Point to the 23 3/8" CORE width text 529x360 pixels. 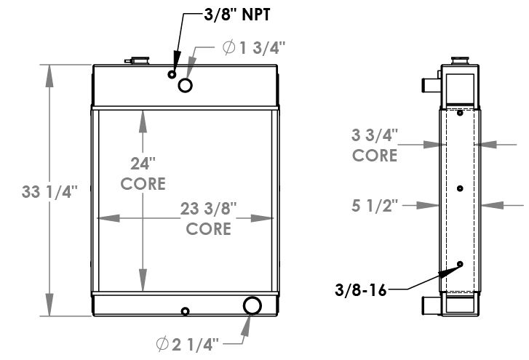point(209,219)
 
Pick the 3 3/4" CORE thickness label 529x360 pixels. point(375,145)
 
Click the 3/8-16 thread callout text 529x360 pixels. point(361,289)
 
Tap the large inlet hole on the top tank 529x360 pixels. point(186,85)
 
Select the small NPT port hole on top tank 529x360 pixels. point(172,74)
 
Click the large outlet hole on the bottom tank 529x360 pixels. point(252,305)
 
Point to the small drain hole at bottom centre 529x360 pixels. point(185,312)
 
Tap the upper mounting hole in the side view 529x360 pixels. point(460,113)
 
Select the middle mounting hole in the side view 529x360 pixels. point(460,188)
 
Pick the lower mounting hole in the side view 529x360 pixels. point(460,264)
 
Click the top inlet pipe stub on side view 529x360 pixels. point(430,84)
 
